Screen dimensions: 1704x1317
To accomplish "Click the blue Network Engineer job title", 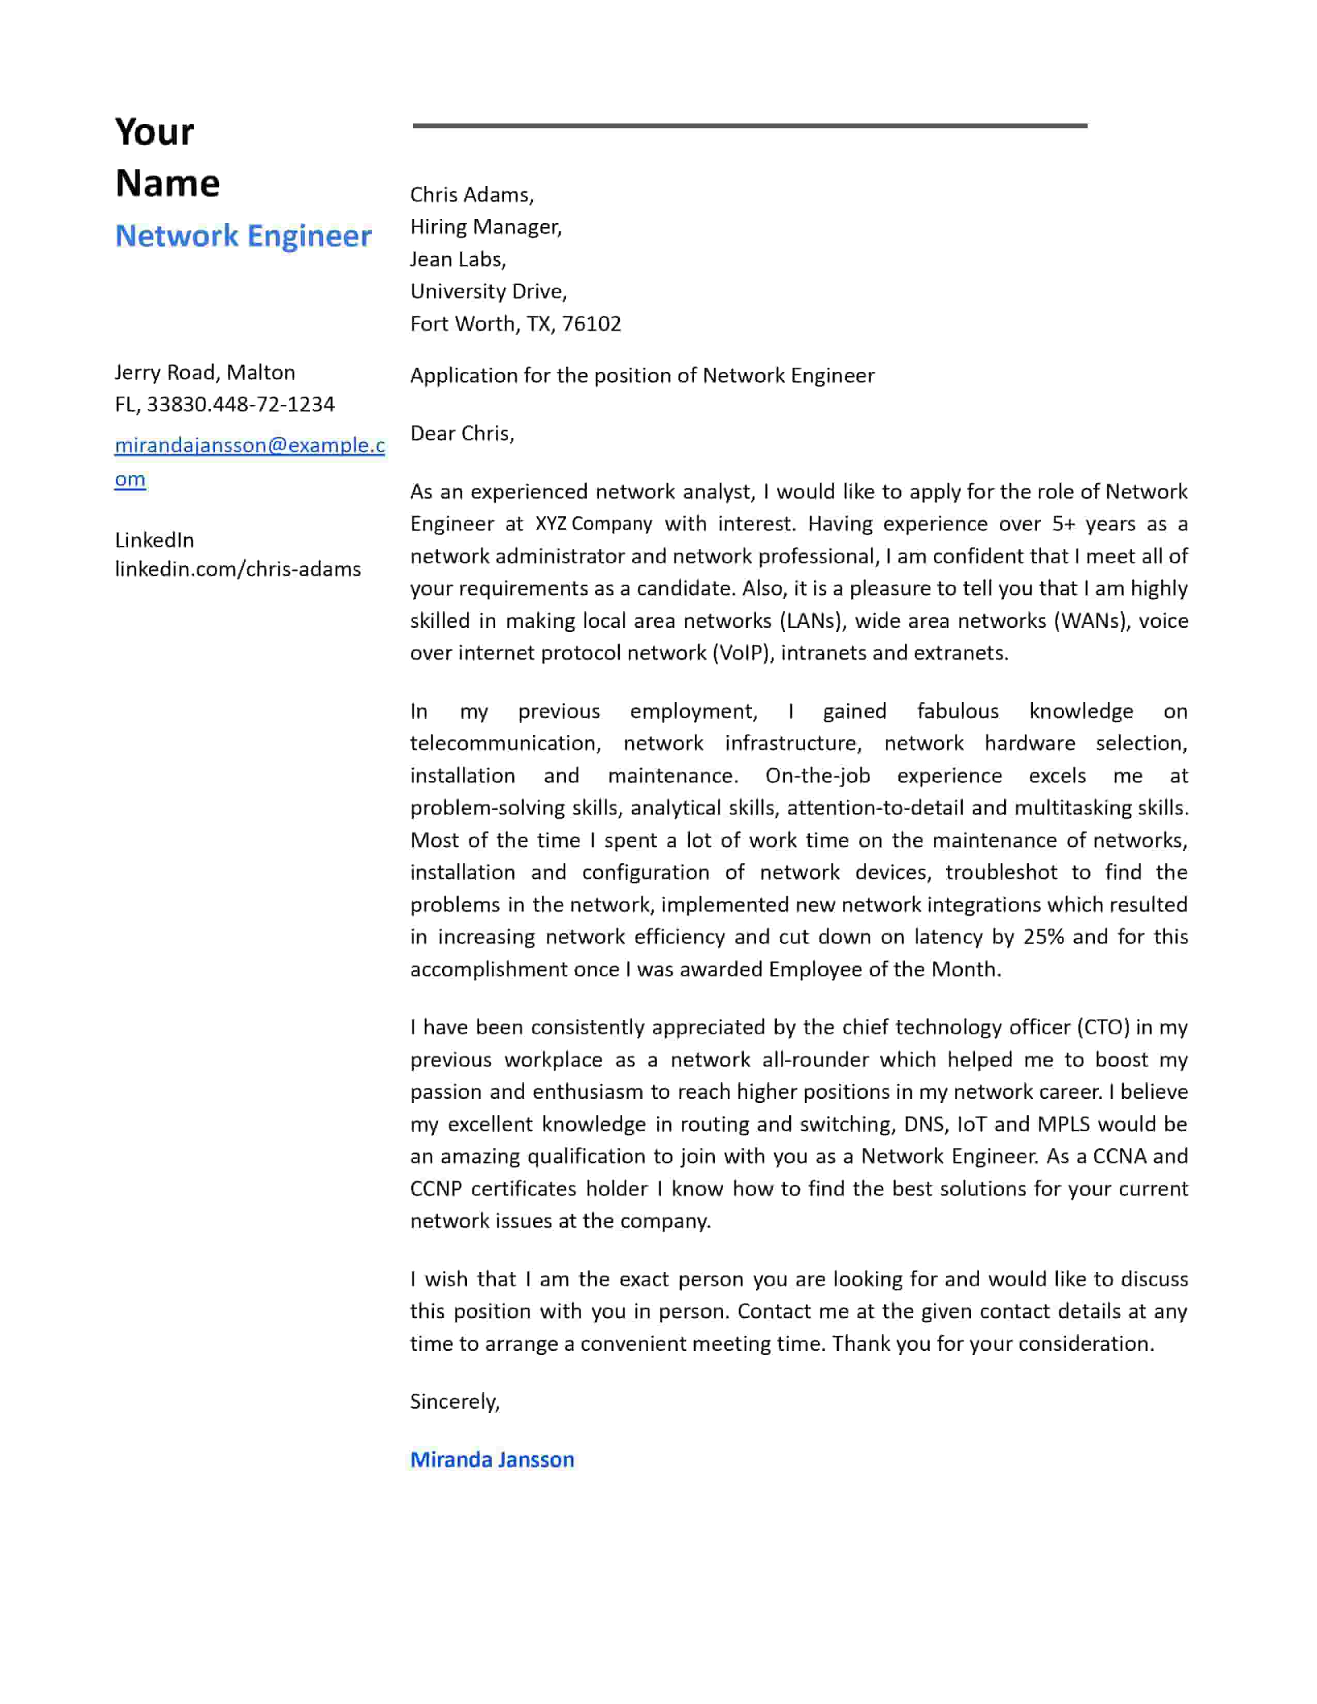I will [x=243, y=235].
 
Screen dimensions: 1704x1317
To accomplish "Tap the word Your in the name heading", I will [x=154, y=132].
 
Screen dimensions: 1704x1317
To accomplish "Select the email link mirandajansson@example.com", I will [x=249, y=446].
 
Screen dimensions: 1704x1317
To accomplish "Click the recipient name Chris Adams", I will [x=471, y=194].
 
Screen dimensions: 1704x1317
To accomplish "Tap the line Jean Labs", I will [x=458, y=259].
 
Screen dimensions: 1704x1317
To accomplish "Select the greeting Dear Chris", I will [x=462, y=433].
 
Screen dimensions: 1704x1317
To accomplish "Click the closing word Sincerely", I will [x=454, y=1402].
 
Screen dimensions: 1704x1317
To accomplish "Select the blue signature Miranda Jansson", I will [x=492, y=1460].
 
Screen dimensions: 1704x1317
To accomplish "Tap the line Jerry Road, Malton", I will [x=205, y=372].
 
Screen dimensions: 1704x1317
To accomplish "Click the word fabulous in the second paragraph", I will [x=958, y=711].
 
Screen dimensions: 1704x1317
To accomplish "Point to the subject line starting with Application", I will [x=641, y=375].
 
